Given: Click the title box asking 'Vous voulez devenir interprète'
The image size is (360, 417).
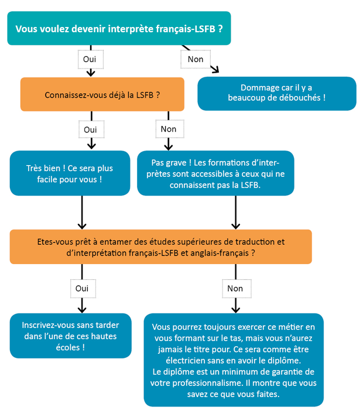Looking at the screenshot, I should click(x=119, y=28).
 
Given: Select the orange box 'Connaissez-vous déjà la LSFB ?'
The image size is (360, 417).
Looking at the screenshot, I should click(x=102, y=94).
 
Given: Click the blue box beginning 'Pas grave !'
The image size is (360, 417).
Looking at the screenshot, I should click(x=215, y=173).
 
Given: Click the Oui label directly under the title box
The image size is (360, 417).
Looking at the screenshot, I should click(x=91, y=59).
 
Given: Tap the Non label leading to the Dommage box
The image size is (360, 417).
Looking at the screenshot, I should click(x=196, y=59).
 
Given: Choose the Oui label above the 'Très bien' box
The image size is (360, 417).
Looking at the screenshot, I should click(x=91, y=129).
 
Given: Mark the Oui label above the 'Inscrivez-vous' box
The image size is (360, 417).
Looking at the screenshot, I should click(x=82, y=288).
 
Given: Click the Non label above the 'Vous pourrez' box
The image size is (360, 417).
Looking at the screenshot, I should click(x=235, y=288).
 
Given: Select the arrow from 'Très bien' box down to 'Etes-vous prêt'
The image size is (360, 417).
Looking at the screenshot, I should click(x=82, y=212).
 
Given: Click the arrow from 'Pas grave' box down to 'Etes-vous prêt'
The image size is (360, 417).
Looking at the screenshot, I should click(x=235, y=212).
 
